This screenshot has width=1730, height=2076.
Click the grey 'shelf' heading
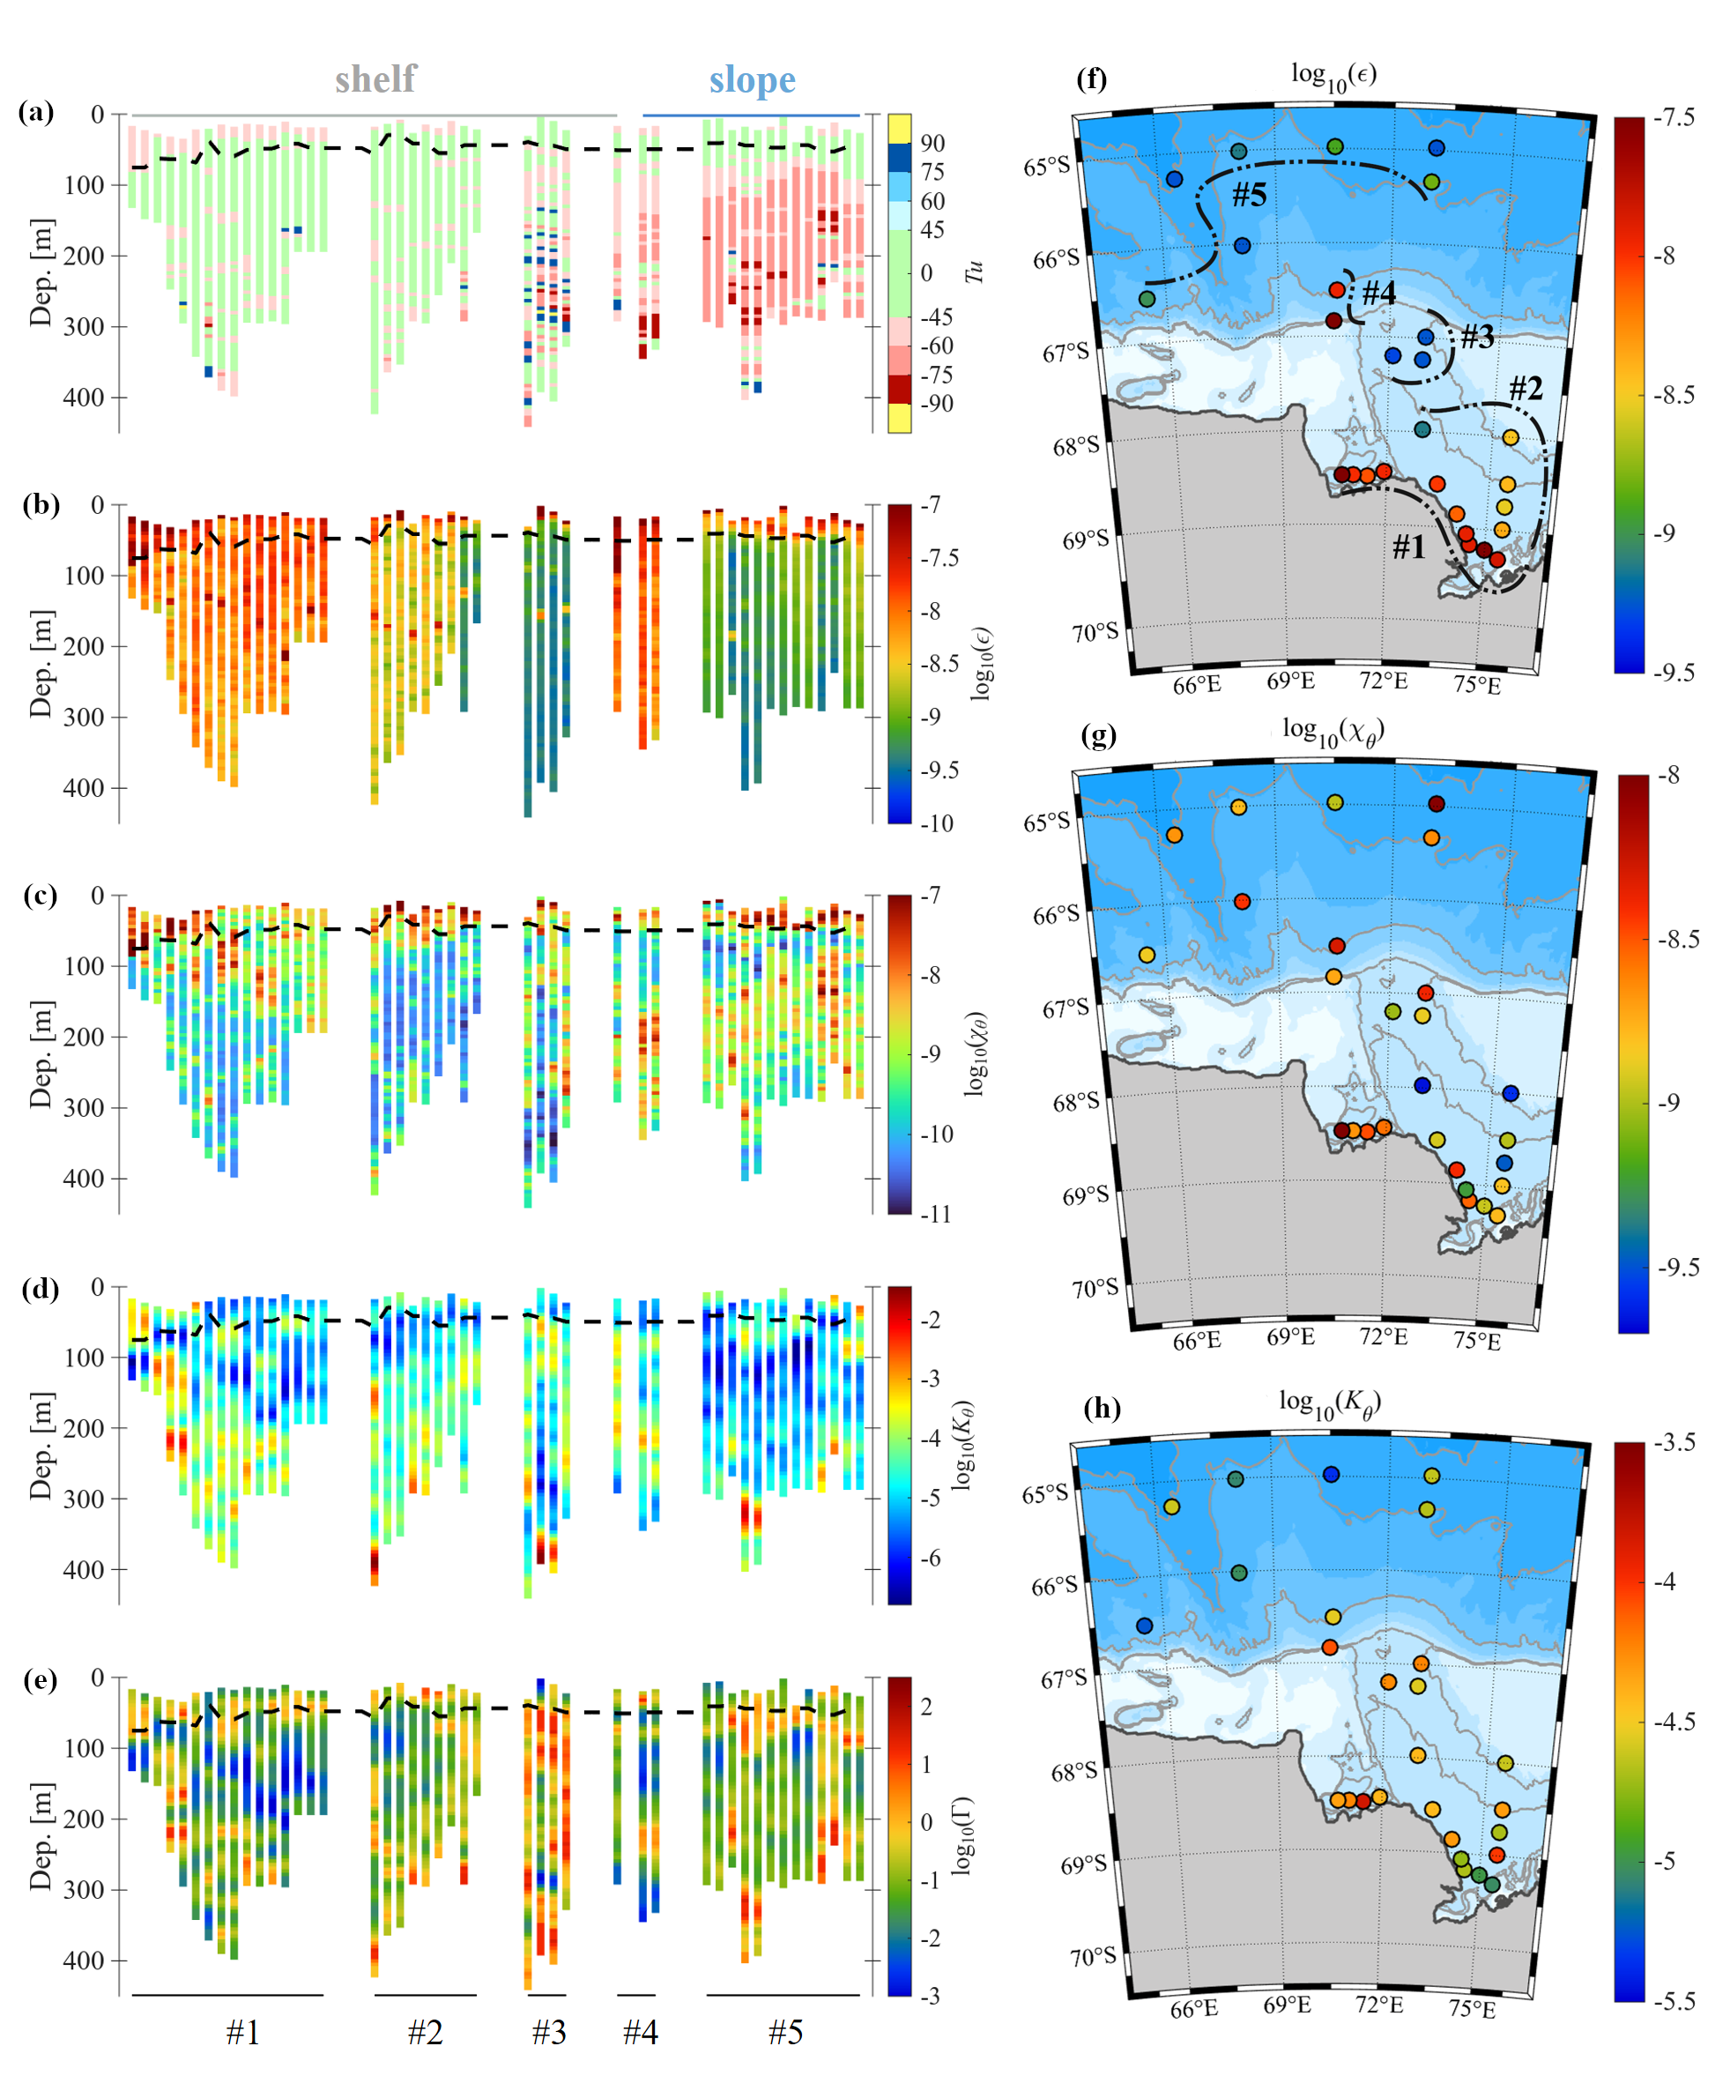[375, 79]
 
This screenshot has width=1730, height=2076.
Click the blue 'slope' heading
[752, 80]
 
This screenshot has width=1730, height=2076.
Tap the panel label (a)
[37, 112]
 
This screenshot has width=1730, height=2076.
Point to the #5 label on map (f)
[1250, 195]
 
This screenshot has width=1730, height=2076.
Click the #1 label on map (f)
[1408, 546]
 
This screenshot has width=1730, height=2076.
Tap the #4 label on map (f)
[1379, 293]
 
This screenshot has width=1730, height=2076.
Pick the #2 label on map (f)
[1526, 388]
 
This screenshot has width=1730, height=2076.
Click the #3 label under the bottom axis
[549, 2033]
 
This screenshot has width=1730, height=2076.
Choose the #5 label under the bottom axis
[785, 2033]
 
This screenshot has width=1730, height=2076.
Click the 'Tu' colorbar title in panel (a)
[975, 272]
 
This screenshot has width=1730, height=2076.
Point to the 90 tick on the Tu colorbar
[932, 144]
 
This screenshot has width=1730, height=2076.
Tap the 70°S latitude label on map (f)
[1095, 633]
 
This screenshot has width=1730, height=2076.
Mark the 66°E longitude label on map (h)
[1194, 2009]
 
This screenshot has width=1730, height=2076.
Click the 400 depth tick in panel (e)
[83, 1961]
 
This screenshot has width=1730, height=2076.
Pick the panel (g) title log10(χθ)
[1333, 731]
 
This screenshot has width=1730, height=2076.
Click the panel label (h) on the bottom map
[1102, 1408]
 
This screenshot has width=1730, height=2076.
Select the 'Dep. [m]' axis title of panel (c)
[41, 1053]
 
